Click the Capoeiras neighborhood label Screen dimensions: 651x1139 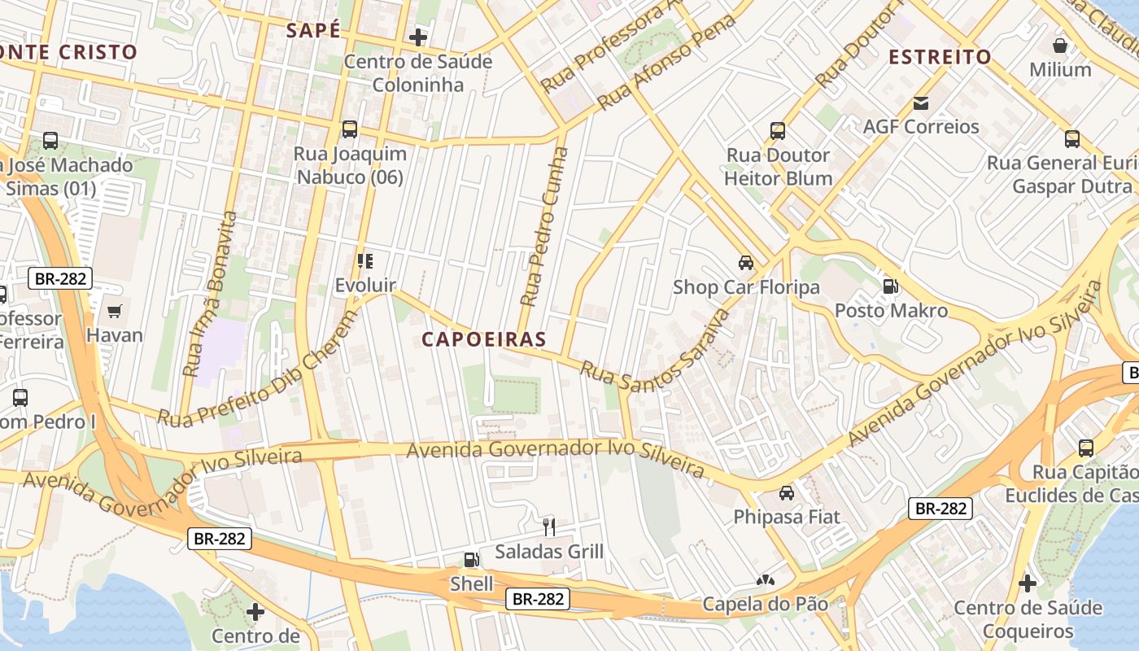tap(483, 339)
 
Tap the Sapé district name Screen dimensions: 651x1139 tap(312, 31)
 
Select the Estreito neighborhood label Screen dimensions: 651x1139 tap(940, 57)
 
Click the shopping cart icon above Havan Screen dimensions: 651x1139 tap(115, 311)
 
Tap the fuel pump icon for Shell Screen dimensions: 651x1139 tap(471, 560)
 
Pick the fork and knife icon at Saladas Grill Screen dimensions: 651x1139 tap(549, 527)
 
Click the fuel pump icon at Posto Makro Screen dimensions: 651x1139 tap(891, 286)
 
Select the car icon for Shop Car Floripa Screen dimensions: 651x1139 tap(745, 263)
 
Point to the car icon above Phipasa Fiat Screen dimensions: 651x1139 tap(786, 493)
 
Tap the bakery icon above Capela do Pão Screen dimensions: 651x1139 tap(765, 580)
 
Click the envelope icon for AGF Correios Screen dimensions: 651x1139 tap(921, 103)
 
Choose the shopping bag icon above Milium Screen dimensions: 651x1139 tap(1059, 46)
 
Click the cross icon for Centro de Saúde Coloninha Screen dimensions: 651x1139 tap(417, 37)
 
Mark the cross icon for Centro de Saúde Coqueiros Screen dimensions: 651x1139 tap(1028, 583)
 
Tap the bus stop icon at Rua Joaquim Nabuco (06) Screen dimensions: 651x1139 tap(350, 129)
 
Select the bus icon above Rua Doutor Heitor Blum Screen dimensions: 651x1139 tap(778, 131)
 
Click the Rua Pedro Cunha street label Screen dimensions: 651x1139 tap(544, 226)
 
